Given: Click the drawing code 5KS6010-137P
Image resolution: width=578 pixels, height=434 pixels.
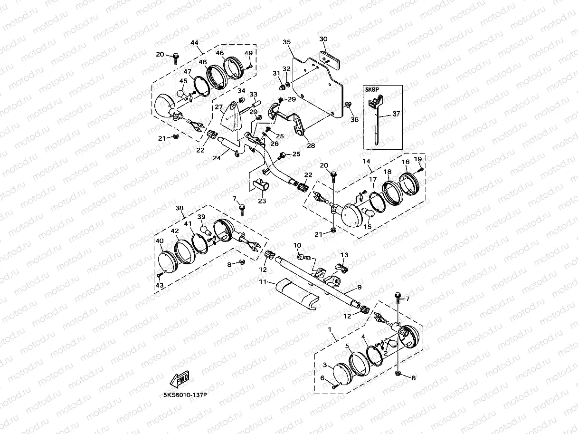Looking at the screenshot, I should (186, 394).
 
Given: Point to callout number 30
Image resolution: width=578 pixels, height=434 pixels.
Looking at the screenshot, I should (323, 39).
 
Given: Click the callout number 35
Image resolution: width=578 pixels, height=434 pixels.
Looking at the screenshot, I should (286, 42).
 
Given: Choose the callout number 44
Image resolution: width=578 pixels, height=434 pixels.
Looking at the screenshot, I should (194, 43).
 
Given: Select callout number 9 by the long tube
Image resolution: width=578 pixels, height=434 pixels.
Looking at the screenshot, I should (359, 287).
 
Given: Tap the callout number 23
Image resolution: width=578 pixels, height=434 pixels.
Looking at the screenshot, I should (262, 201).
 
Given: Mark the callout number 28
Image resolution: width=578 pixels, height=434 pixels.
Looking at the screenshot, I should (311, 145).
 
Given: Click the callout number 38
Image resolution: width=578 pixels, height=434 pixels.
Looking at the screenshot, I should (180, 208).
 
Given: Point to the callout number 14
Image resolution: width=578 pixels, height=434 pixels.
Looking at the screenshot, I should (367, 162).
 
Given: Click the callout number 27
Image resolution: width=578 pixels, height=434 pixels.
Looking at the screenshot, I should (218, 106).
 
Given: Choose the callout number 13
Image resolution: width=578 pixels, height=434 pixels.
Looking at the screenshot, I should (344, 255).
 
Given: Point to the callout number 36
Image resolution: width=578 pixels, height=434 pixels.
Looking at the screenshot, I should (354, 120).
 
